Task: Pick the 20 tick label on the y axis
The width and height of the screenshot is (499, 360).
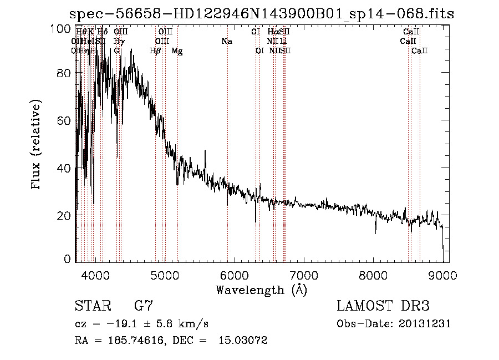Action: [x=64, y=215]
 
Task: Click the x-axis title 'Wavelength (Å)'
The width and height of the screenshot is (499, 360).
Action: [x=261, y=289]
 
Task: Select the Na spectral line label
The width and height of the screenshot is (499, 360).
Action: [x=226, y=41]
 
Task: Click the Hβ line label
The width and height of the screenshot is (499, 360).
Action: [x=155, y=50]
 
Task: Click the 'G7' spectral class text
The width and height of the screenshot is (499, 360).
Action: [x=144, y=306]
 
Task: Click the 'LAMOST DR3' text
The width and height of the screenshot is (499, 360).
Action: [x=383, y=306]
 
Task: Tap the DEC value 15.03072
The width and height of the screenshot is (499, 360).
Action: [x=245, y=341]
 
